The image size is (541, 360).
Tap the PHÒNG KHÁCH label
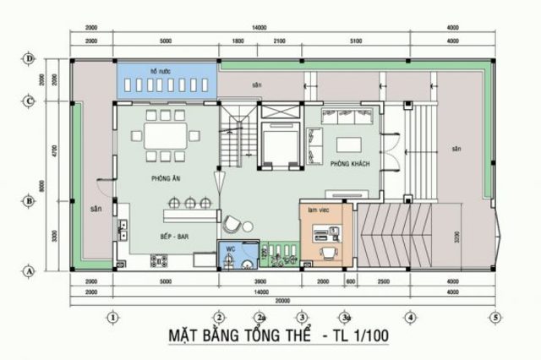coord(347,164)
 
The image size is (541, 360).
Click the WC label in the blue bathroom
coord(230,249)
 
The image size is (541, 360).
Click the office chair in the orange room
coord(326,250)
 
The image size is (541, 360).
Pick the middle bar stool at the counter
coord(190,201)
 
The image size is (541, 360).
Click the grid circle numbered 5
coord(495,317)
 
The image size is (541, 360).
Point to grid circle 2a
coord(261,317)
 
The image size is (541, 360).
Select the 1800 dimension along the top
coord(238,39)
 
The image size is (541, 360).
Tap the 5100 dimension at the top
coord(355,39)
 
